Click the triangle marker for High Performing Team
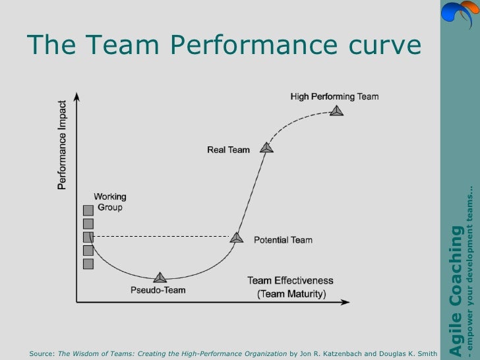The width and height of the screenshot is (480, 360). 337,111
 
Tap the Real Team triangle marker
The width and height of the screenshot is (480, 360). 266,148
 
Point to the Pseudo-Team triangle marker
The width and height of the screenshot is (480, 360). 159,278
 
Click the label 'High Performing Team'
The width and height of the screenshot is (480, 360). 334,96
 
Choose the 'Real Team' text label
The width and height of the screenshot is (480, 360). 229,150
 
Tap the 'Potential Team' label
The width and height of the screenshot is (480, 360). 283,240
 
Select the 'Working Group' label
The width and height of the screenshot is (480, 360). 110,202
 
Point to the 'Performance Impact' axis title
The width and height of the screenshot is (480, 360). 62,144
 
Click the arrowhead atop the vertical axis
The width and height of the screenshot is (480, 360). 77,96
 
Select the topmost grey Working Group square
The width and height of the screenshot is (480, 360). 88,210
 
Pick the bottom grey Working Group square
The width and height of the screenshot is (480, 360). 88,264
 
